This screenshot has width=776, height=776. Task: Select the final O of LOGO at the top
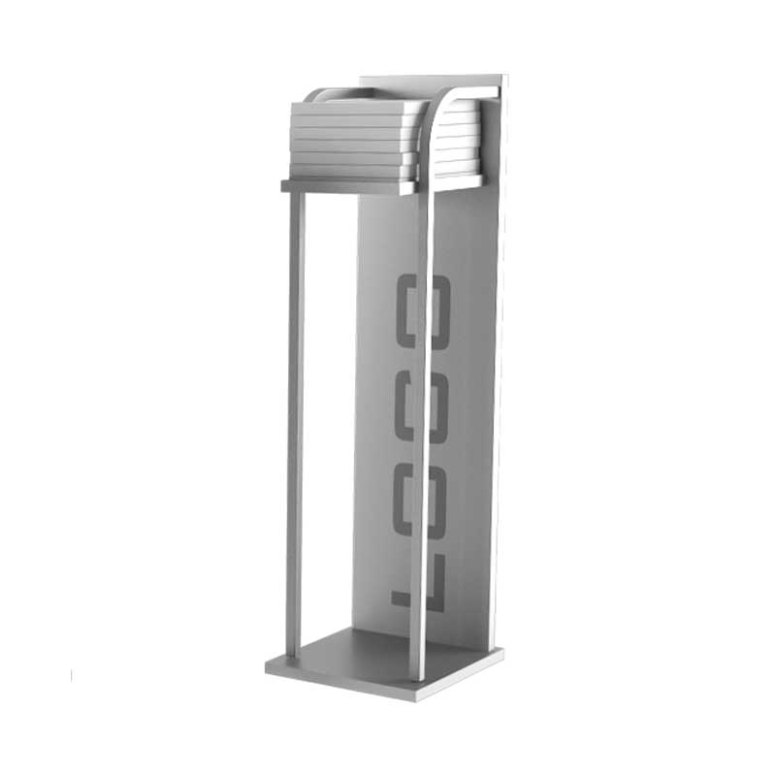(x=428, y=311)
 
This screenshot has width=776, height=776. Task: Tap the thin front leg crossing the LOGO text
(x=421, y=436)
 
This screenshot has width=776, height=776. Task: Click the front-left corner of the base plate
(x=268, y=668)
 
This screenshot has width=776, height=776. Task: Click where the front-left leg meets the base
(x=291, y=656)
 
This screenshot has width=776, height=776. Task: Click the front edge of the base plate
(x=339, y=685)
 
